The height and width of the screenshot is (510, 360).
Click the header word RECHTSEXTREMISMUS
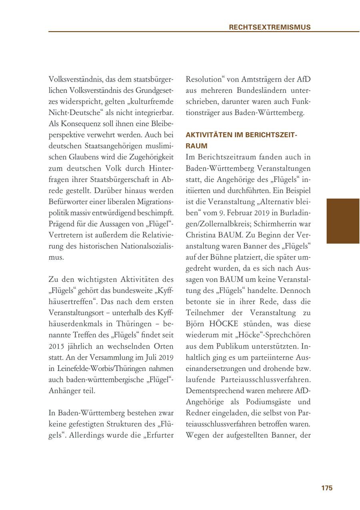tap(270, 28)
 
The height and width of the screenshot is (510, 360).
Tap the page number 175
tap(327, 488)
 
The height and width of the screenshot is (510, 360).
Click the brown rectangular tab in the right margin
tap(343, 221)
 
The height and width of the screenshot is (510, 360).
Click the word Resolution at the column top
tap(204, 79)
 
